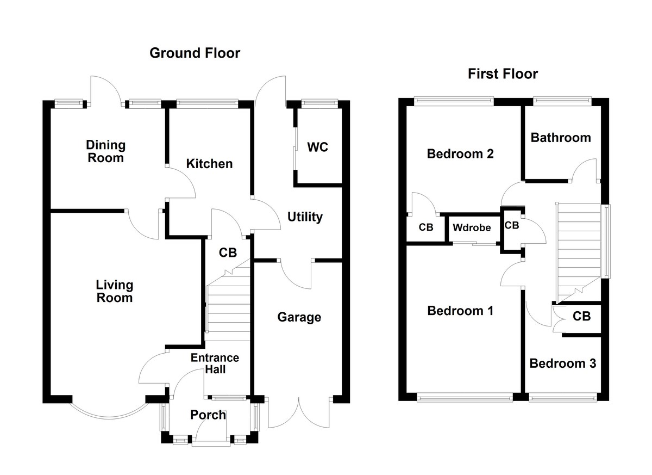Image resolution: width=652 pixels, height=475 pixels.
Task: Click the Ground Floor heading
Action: tap(195, 53)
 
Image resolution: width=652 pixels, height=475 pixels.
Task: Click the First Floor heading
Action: tap(503, 74)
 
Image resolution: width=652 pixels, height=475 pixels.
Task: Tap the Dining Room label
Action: tap(105, 151)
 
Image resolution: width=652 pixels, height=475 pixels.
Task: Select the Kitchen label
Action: tap(209, 164)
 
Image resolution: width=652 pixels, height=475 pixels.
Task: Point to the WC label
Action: tap(318, 147)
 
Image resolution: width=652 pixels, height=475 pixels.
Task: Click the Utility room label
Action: tap(305, 217)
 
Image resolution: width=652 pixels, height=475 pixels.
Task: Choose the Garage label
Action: tap(299, 317)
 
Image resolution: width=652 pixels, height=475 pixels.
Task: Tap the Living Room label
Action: tap(114, 291)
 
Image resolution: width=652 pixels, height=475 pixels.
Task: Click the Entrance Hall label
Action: tap(214, 363)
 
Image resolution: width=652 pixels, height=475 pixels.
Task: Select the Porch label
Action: tap(208, 415)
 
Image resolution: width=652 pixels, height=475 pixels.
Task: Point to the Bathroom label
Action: tap(561, 137)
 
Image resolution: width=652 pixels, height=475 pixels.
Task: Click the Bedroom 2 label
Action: tap(460, 154)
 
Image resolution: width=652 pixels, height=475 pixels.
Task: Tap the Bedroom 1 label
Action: tap(460, 311)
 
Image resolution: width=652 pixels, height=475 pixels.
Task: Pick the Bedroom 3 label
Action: tap(562, 363)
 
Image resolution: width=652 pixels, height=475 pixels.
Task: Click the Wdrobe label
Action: tap(472, 228)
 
